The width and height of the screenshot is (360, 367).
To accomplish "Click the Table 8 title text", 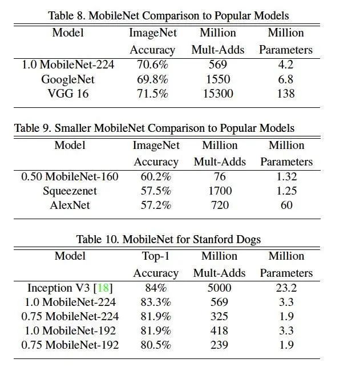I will (168, 15).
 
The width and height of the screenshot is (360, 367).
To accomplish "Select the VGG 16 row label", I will (68, 94).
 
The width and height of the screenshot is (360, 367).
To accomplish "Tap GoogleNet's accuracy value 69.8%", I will (152, 79).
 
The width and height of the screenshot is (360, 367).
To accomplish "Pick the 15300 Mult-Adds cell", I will (217, 94).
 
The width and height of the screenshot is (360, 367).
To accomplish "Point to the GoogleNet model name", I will (68, 79).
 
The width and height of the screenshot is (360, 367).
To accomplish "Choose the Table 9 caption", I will (154, 128).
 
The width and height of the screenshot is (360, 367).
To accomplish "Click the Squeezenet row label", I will (70, 191).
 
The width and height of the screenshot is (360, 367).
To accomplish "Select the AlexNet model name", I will (70, 205).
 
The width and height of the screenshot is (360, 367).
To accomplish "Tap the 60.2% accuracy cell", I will (156, 177).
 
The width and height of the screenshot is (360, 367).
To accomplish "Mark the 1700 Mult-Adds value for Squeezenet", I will (219, 191).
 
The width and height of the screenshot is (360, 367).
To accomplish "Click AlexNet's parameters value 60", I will (286, 205).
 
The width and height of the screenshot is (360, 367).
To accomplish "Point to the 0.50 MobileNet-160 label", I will (70, 177).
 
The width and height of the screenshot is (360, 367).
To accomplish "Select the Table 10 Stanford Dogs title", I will (168, 239).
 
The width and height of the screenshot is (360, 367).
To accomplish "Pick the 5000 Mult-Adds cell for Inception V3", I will (219, 288).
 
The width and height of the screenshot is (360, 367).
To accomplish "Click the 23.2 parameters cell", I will (286, 288).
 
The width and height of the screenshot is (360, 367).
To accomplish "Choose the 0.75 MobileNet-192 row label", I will (70, 345).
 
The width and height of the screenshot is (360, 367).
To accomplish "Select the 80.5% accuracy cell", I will (156, 345).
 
